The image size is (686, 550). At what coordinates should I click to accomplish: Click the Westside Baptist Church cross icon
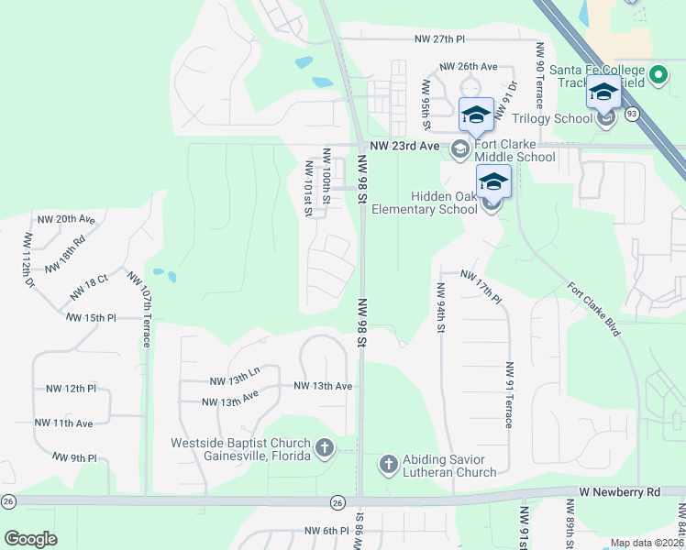[324, 448]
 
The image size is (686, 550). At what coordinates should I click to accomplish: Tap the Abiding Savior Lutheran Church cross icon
[387, 465]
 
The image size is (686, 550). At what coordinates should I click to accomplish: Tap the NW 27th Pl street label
[439, 39]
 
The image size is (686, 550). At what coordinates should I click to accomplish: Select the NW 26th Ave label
[468, 67]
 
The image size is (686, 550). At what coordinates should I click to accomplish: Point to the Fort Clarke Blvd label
[594, 309]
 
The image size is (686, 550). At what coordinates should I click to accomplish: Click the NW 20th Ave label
[66, 220]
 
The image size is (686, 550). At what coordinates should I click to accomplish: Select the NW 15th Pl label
[91, 317]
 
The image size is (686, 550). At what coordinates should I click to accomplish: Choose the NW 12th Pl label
[72, 389]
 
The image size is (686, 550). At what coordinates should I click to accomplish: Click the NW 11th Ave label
[64, 423]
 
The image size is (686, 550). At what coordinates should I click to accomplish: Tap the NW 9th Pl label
[74, 456]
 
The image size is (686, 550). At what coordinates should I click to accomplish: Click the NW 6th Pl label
[317, 531]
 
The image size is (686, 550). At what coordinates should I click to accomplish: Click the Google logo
[30, 539]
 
